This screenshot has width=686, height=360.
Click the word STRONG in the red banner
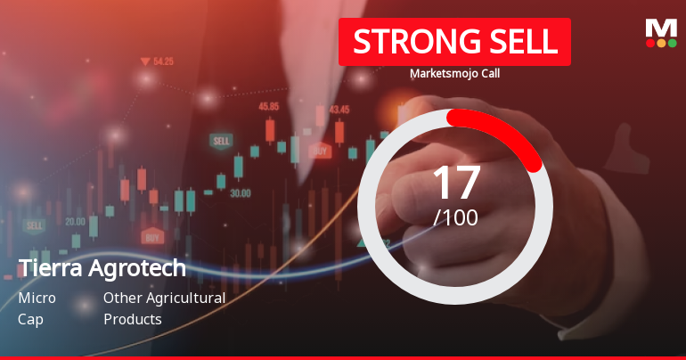click(x=403, y=42)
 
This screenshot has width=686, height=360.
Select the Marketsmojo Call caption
click(x=454, y=74)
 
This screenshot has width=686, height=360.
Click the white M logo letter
click(x=660, y=28)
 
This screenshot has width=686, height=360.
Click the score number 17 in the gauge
click(x=455, y=182)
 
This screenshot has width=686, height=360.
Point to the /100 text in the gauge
click(x=455, y=217)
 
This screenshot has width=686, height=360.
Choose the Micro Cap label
click(x=37, y=308)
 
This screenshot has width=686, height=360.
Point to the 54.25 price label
click(x=163, y=62)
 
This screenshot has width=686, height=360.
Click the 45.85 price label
click(x=268, y=106)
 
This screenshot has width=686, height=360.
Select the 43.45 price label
click(x=339, y=110)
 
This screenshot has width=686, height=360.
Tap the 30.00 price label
click(x=240, y=192)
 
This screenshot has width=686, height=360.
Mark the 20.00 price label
click(x=75, y=221)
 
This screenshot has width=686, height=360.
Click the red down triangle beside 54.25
click(x=144, y=61)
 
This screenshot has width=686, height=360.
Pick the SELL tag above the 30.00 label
click(x=221, y=141)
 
